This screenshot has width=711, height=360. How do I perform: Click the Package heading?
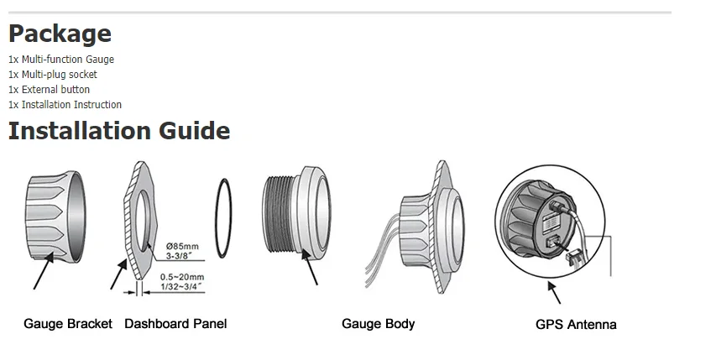(60, 34)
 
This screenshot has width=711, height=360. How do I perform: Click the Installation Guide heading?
(119, 131)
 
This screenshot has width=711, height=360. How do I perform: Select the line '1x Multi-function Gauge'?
(61, 60)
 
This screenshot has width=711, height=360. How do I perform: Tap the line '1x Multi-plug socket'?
(53, 75)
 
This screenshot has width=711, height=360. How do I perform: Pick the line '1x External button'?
(49, 90)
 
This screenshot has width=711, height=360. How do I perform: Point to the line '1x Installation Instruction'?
(65, 105)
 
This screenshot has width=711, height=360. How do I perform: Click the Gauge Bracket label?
(68, 323)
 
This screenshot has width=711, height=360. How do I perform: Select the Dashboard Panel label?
(175, 323)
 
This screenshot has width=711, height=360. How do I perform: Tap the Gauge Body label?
(378, 323)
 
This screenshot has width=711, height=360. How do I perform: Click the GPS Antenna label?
(576, 324)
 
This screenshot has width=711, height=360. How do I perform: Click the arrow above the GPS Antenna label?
(555, 293)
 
